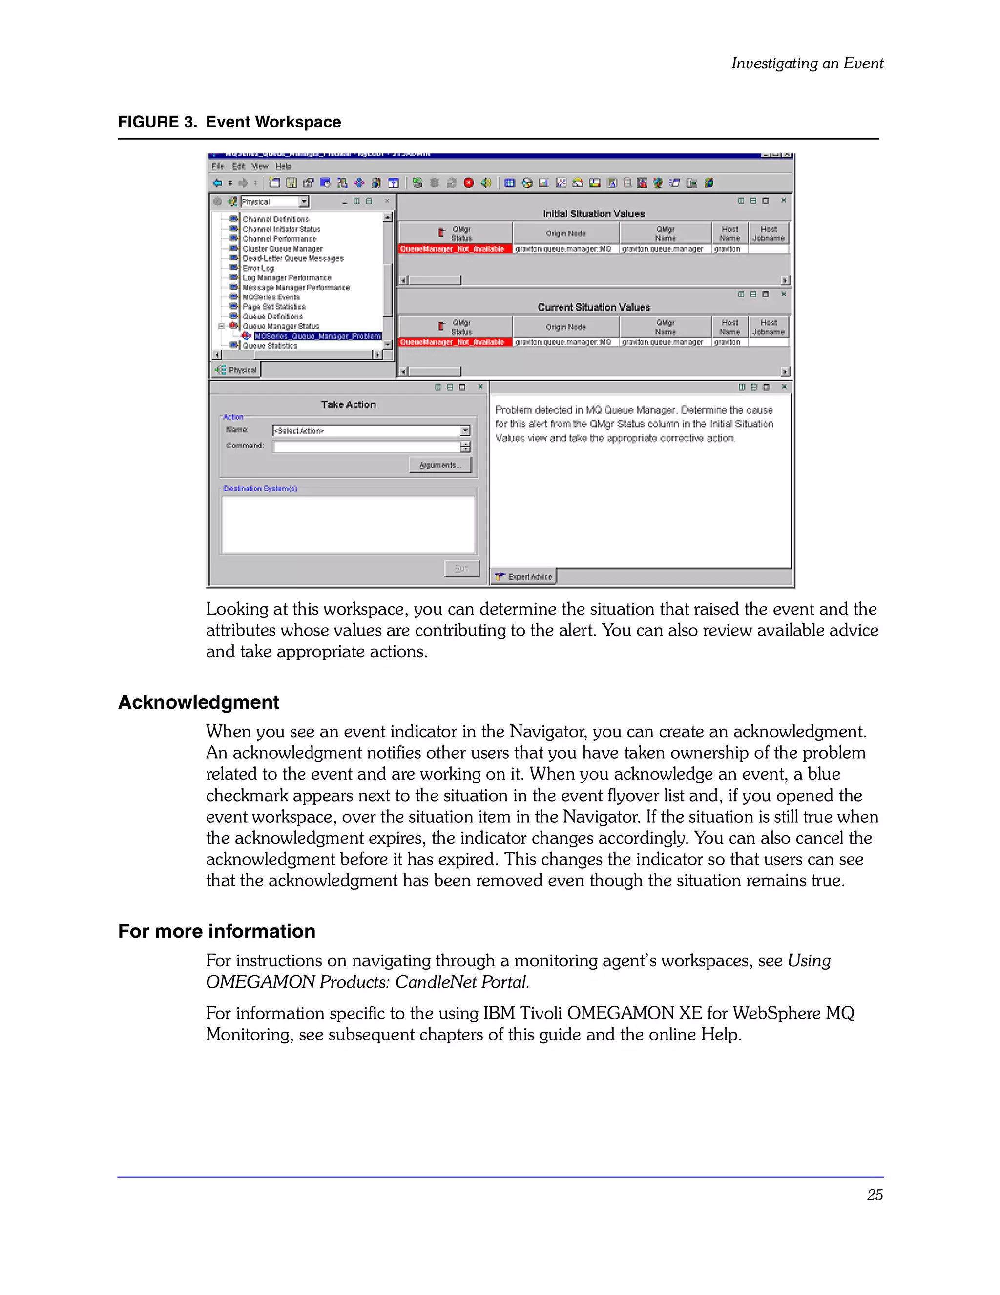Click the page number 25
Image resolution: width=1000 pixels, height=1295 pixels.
(875, 1195)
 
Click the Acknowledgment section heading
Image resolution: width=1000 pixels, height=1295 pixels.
(199, 702)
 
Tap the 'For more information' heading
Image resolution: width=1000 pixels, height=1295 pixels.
(216, 931)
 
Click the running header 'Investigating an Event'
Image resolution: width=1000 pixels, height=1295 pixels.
(807, 63)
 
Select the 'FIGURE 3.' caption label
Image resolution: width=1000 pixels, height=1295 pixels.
(157, 122)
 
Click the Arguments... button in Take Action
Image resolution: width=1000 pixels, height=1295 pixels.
(440, 465)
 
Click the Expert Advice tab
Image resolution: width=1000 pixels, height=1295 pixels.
(524, 576)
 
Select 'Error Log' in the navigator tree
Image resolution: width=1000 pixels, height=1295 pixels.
(258, 268)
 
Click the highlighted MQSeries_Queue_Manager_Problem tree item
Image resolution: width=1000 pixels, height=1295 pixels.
(317, 336)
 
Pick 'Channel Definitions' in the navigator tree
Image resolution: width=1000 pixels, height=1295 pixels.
(276, 219)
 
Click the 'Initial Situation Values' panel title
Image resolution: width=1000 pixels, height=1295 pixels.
(593, 213)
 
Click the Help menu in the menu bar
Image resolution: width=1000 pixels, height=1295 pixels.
(283, 167)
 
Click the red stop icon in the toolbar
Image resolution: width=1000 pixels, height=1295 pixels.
(468, 183)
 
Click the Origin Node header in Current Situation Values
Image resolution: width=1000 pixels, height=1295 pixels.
(565, 327)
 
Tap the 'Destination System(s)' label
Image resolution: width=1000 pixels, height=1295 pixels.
(260, 488)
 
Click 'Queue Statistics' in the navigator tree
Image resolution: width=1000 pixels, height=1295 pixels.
(270, 346)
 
